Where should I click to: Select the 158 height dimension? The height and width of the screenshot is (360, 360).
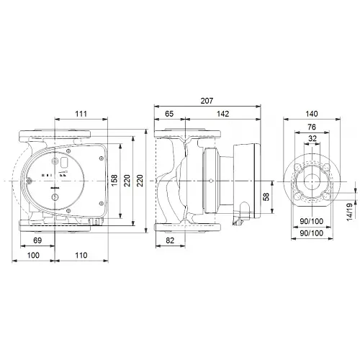[x=114, y=177]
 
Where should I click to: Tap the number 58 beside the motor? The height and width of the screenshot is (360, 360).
[x=266, y=197]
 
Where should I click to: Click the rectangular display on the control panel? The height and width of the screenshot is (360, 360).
[x=62, y=165]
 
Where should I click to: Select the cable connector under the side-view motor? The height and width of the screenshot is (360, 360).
[x=244, y=212]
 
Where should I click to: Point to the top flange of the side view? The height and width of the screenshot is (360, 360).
[x=187, y=135]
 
